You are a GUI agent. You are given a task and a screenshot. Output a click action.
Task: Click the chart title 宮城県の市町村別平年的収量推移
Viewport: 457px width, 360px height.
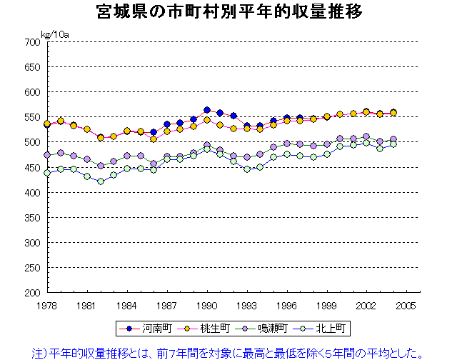tap(228, 12)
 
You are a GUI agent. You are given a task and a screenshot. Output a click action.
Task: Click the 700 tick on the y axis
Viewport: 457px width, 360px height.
tap(30, 42)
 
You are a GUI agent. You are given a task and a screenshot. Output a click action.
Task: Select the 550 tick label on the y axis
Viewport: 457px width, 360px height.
tap(30, 117)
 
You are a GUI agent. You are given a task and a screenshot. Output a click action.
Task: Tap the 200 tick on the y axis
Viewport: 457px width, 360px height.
tap(30, 293)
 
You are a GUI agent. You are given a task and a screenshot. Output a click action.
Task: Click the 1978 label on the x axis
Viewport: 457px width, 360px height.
tap(47, 306)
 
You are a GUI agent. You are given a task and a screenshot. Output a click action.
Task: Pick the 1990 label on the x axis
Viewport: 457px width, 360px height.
tap(207, 306)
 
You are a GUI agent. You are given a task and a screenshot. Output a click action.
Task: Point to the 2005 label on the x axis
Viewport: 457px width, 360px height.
tap(407, 306)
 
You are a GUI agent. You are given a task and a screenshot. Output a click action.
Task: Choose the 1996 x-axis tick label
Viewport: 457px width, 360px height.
tap(287, 306)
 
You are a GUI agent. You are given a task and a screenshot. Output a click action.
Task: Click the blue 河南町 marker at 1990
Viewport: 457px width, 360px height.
tap(207, 110)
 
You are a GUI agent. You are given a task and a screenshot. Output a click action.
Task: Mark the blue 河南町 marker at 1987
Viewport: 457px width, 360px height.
tap(167, 124)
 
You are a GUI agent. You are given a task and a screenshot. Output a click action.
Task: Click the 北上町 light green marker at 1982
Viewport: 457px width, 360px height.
tap(101, 181)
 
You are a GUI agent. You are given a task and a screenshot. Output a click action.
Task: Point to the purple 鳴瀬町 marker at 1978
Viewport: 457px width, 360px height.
tap(47, 154)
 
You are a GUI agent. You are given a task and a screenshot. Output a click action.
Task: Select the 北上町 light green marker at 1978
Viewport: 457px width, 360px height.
tap(47, 173)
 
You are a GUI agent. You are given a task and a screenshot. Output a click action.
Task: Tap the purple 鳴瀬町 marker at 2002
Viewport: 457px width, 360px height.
tap(366, 136)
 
